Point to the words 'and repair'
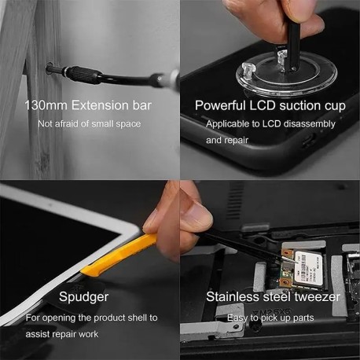(229, 140)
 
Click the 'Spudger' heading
(83, 297)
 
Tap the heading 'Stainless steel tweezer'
(273, 297)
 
